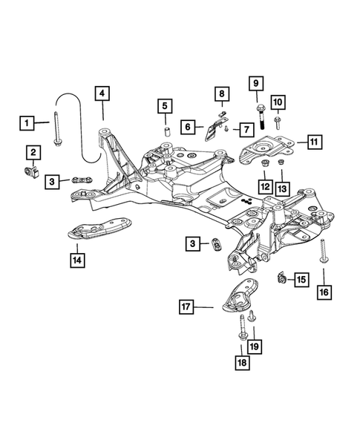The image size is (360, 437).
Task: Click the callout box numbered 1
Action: click(27, 121)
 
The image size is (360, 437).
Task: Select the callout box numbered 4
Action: click(102, 93)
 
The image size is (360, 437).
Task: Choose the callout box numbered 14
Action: click(76, 260)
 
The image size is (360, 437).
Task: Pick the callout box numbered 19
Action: click(254, 346)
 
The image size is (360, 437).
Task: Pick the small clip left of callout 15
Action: click(282, 280)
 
